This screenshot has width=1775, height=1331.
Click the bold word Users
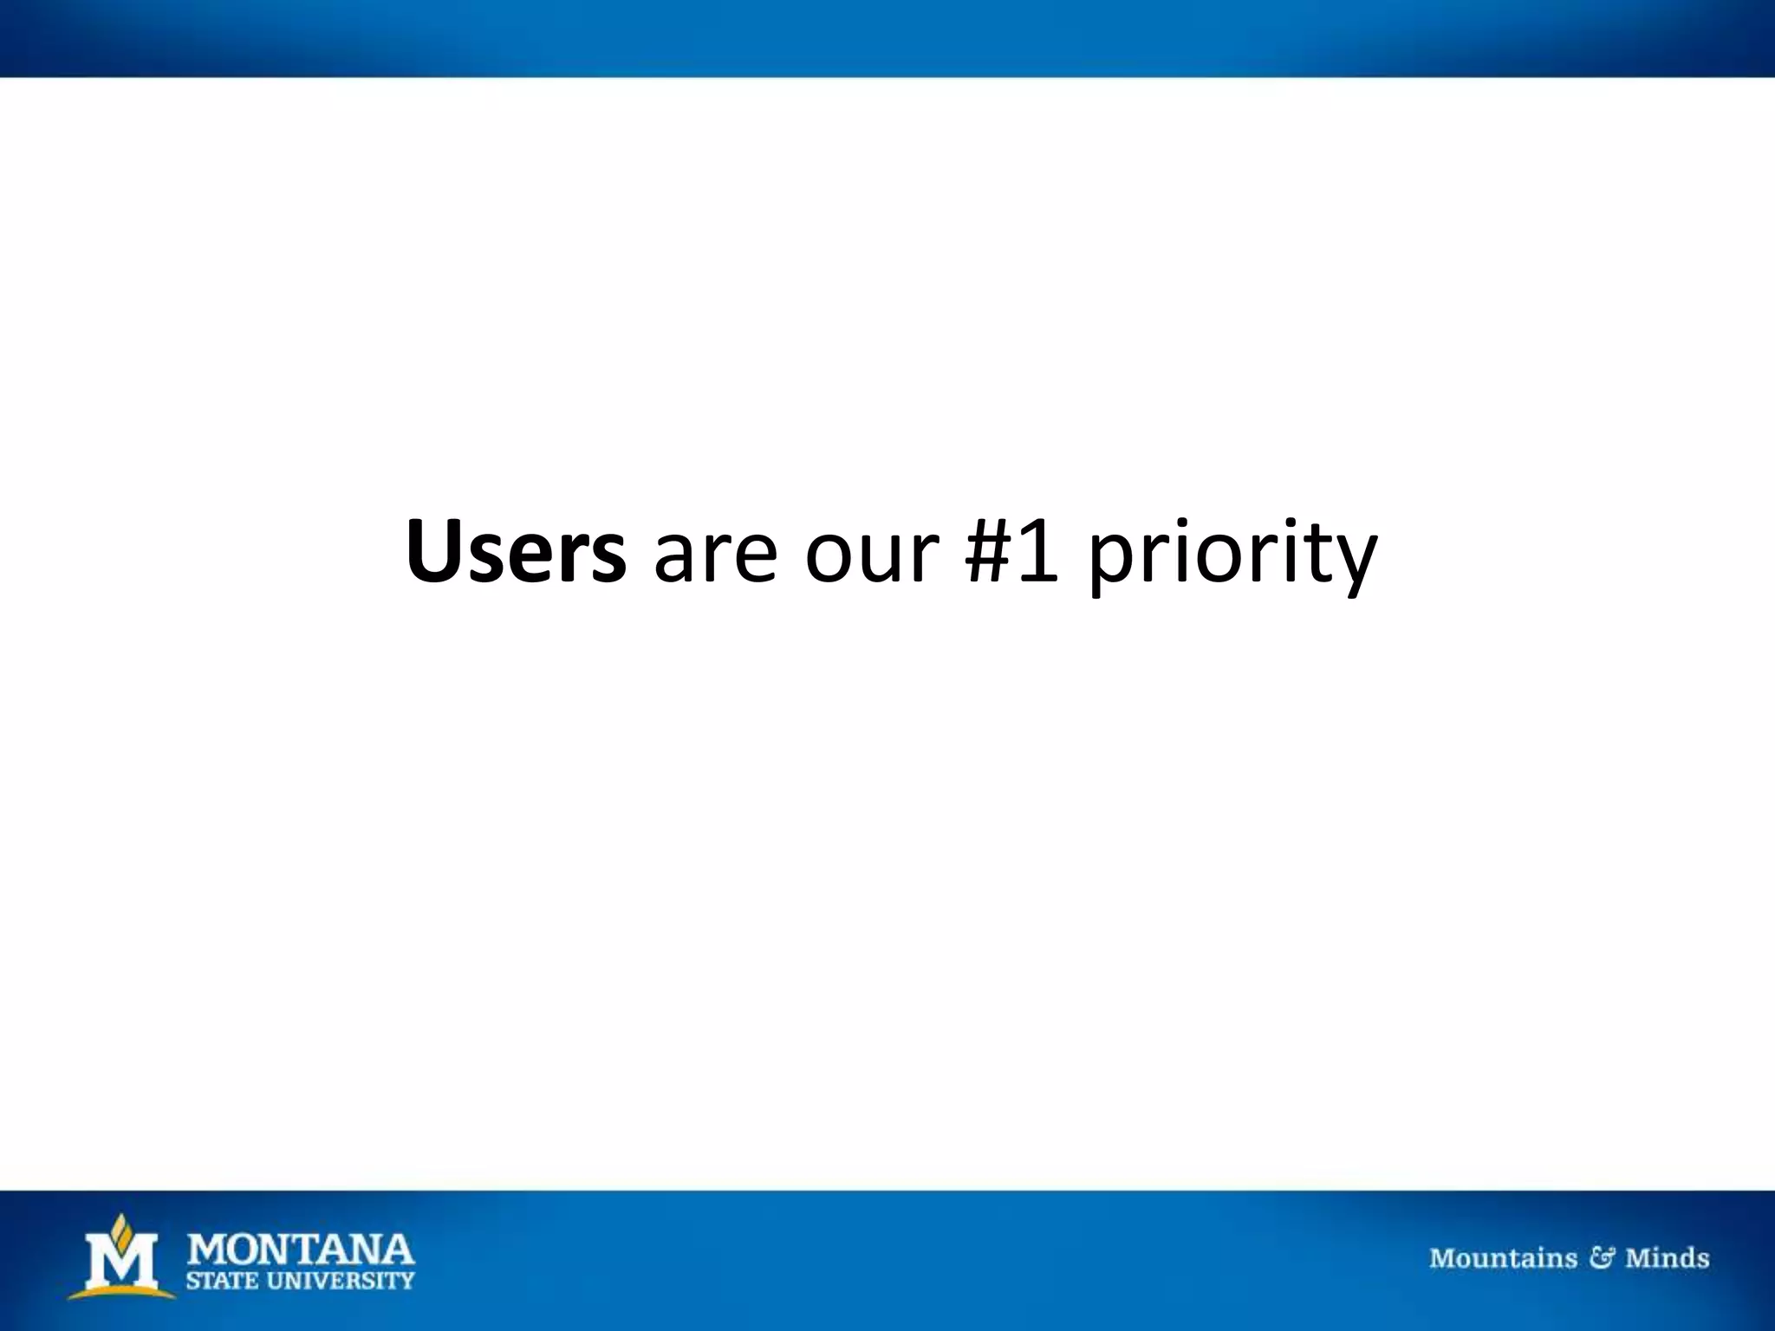point(516,552)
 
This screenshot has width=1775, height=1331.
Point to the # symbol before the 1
point(989,552)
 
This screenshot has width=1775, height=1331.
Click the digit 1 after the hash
point(1040,552)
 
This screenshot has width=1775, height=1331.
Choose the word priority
point(1231,559)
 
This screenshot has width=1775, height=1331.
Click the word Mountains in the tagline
point(1503,1258)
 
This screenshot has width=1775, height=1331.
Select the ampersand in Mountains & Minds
point(1601,1258)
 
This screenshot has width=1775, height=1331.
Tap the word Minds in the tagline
point(1667,1258)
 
